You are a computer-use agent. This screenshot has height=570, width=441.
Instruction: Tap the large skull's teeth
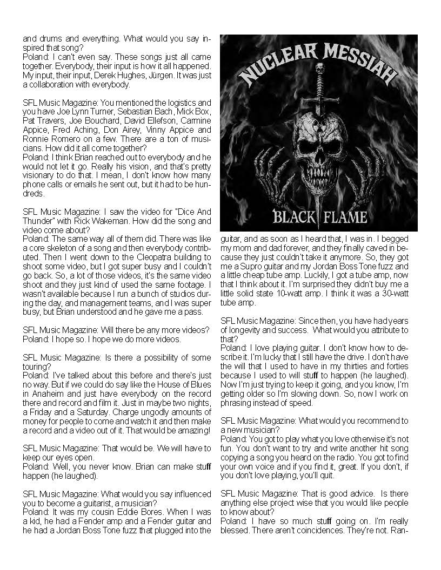click(x=318, y=174)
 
